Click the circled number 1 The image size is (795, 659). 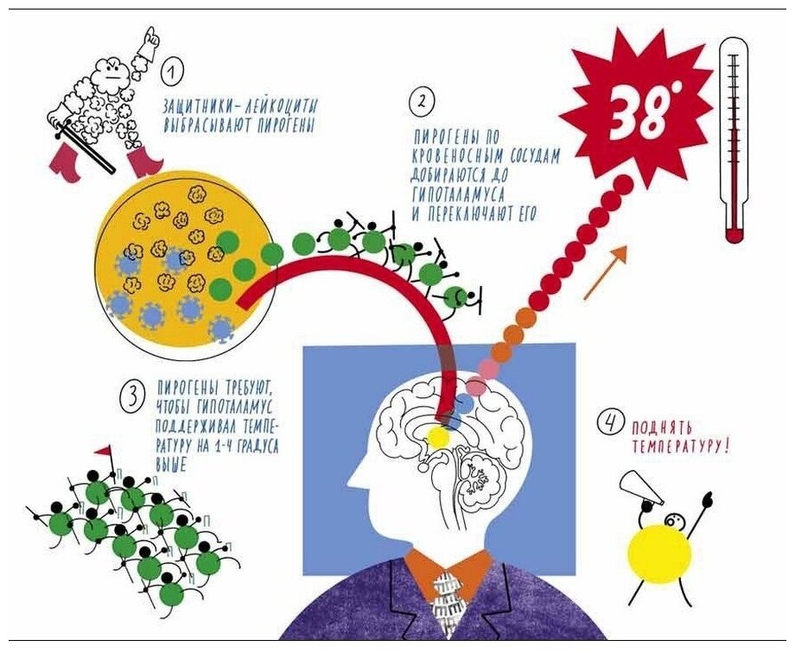point(173,70)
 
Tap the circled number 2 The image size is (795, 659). point(421,103)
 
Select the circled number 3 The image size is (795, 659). point(132,396)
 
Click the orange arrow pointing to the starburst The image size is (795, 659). point(604,273)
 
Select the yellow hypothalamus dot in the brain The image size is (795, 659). point(439,438)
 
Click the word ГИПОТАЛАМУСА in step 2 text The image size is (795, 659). point(459,198)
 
